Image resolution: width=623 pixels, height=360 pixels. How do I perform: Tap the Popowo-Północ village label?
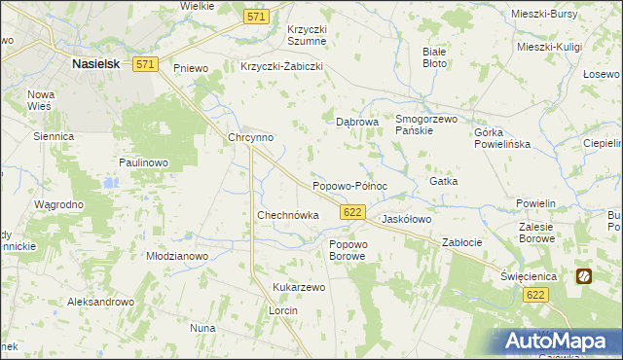pos(349,185)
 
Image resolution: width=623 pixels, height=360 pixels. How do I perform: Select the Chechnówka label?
pos(287,214)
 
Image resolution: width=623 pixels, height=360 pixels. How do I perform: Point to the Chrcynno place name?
pos(250,137)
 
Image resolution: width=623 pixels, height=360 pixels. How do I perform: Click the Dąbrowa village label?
pos(356,123)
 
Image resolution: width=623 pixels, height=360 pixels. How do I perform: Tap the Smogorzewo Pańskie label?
pos(426,124)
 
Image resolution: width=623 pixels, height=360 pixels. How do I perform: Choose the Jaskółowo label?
pos(406,220)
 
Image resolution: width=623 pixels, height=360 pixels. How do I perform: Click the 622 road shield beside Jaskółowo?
pos(353,211)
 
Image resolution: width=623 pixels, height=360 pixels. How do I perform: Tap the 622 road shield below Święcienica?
pos(532,295)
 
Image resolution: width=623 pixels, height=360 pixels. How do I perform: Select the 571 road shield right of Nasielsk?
pos(146,63)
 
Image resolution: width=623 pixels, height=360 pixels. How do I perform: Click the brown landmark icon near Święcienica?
pos(584,275)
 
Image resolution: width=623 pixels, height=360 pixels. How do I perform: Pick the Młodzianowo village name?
pos(177,256)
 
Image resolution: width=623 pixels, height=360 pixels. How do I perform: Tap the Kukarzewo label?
pos(299,288)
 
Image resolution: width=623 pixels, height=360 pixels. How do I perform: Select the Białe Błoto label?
pos(434,56)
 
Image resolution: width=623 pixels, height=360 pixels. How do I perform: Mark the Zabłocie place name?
pos(464,241)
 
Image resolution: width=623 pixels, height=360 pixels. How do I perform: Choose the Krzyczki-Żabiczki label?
pos(281,67)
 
